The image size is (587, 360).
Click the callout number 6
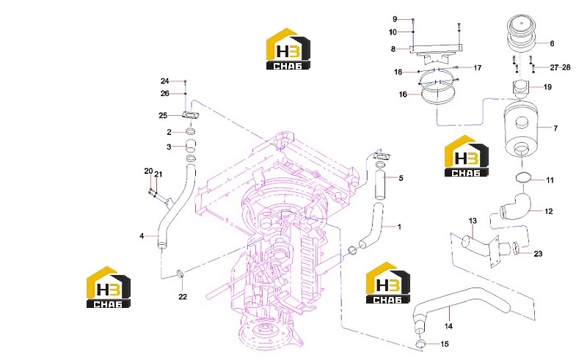click(x=552, y=43)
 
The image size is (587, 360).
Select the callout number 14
click(x=448, y=326)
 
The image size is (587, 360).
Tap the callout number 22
click(x=182, y=296)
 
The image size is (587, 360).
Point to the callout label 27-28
click(x=560, y=67)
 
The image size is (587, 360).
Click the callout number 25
click(x=163, y=115)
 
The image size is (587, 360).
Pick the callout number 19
click(x=547, y=87)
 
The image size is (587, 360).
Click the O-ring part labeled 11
click(x=523, y=177)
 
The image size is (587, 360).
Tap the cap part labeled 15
click(x=420, y=345)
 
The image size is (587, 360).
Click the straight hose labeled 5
click(x=380, y=185)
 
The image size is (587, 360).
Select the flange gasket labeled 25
click(x=191, y=116)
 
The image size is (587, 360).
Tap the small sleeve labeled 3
click(x=191, y=145)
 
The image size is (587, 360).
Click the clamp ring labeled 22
click(x=180, y=273)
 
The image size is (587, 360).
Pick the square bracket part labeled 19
click(x=520, y=88)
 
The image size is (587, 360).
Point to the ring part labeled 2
click(x=191, y=131)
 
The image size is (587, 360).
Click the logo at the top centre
click(x=288, y=48)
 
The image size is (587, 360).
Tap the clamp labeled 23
click(x=516, y=248)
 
